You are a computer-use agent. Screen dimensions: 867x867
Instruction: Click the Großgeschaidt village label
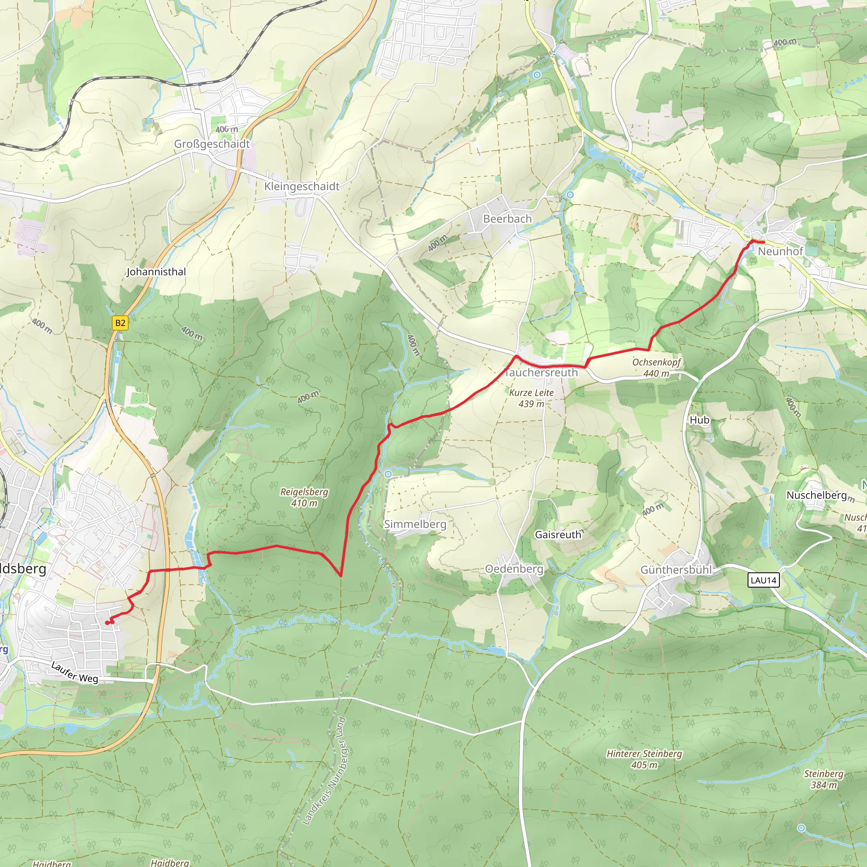point(212,144)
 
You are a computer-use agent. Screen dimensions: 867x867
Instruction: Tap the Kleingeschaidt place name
point(301,186)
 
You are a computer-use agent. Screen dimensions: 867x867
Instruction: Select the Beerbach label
point(507,219)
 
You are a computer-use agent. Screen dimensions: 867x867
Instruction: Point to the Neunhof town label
point(780,251)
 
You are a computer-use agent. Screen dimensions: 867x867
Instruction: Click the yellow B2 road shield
point(120,323)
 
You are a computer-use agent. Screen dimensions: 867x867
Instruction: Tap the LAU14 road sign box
point(763,580)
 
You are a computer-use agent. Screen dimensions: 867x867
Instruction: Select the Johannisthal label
point(156,272)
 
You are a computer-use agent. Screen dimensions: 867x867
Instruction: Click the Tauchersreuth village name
point(541,373)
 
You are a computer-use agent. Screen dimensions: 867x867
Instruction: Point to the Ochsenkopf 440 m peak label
point(656,367)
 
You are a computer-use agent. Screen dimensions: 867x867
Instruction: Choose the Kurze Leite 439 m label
point(531,398)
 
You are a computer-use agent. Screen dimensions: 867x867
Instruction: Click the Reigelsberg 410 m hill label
point(304,497)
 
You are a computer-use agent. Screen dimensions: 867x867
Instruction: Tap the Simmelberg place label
point(415,524)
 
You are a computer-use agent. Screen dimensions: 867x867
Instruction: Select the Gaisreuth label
point(558,535)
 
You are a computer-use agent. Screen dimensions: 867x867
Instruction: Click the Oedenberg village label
point(514,569)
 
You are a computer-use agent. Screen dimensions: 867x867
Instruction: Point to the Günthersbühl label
point(676,570)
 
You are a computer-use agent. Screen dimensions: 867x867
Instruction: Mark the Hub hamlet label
point(699,420)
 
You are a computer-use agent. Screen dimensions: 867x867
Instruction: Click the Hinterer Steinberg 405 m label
point(644,759)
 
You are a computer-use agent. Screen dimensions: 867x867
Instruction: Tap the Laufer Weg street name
point(75,672)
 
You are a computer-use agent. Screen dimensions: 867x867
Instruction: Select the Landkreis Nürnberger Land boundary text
point(324,771)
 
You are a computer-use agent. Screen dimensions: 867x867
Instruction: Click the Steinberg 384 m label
point(823,779)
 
